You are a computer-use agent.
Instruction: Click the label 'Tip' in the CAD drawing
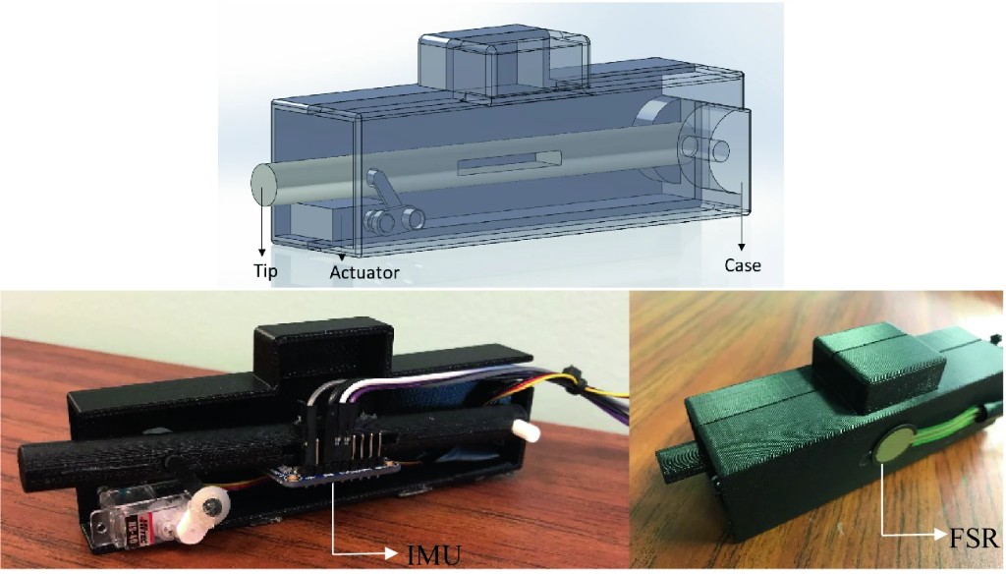(x=265, y=270)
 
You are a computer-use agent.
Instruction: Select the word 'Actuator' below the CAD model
(x=364, y=272)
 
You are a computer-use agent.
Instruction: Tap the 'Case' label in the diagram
(x=743, y=265)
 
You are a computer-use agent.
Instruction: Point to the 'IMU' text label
(x=433, y=554)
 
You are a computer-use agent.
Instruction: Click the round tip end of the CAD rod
(x=262, y=184)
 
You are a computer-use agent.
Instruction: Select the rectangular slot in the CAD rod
(x=510, y=162)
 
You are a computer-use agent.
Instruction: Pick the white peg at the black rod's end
(x=528, y=431)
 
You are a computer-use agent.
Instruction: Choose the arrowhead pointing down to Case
(x=742, y=247)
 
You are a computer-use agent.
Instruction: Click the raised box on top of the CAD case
(x=504, y=66)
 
